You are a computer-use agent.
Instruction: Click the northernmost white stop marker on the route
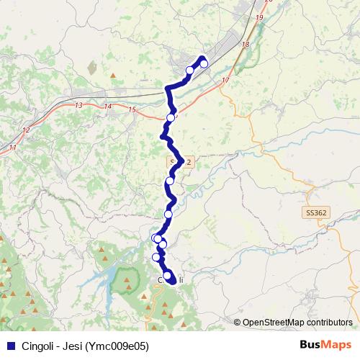coord(204,63)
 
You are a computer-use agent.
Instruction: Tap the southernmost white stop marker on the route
coord(168,275)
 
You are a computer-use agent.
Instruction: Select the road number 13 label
coord(78,106)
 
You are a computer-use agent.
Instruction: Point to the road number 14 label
coord(108,107)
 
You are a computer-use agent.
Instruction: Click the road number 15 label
coord(131,109)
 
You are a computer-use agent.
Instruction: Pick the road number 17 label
coord(225,79)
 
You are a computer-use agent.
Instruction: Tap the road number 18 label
coord(246,45)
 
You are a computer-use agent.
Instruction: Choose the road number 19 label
coord(259,17)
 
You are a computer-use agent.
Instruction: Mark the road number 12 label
coord(26,130)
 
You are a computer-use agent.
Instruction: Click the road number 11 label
coord(13,147)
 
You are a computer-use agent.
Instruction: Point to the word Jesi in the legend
coord(73,346)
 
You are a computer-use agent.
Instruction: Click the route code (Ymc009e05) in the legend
coord(117,346)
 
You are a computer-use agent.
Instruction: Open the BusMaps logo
coord(325,345)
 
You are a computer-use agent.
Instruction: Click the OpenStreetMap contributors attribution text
coord(297,323)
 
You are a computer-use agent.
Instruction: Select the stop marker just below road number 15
coord(171,118)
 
